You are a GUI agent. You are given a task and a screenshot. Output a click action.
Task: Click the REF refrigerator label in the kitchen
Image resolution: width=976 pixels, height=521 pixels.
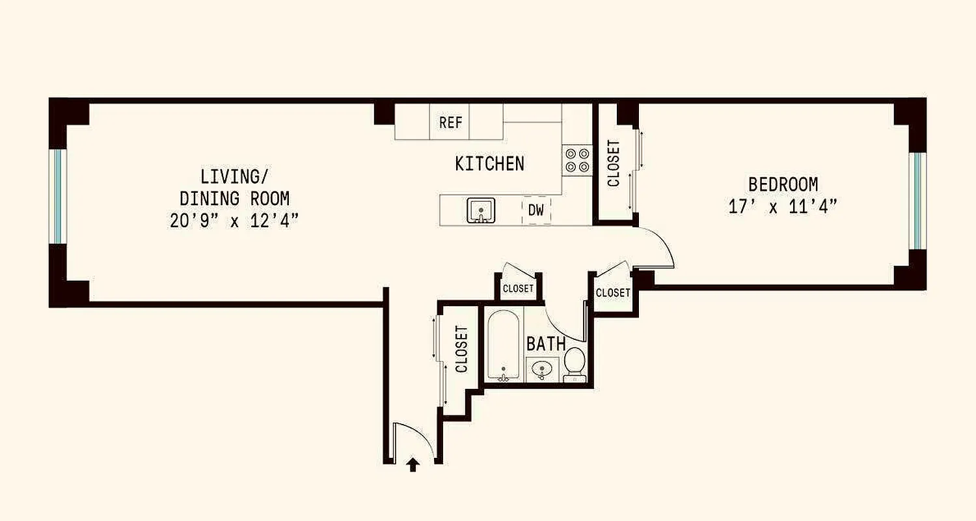(450, 122)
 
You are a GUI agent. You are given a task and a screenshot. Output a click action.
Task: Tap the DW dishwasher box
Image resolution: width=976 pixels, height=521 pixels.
(536, 211)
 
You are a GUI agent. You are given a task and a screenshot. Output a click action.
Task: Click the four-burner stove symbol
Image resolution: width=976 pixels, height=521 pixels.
(577, 160)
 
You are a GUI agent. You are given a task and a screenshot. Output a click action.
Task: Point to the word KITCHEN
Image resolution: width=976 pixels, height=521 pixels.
(489, 163)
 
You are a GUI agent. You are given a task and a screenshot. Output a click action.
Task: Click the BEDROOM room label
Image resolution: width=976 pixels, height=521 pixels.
(783, 184)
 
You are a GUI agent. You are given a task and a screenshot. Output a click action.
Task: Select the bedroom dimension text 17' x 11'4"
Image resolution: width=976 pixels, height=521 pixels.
(783, 207)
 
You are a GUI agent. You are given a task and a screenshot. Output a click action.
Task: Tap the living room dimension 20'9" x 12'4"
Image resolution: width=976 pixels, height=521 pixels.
(234, 221)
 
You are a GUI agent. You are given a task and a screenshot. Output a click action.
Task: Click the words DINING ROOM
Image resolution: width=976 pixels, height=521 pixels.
(234, 198)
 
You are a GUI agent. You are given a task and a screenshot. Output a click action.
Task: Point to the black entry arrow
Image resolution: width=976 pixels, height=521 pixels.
(412, 464)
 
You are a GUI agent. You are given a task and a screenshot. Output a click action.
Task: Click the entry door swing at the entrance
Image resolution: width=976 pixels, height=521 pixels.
(414, 440)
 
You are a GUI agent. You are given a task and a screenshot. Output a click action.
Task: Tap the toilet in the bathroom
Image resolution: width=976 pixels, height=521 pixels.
(574, 364)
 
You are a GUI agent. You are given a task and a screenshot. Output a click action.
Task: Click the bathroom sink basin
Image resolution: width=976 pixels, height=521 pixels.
(541, 369)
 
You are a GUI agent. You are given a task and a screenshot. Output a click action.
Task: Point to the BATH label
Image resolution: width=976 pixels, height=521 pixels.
(546, 344)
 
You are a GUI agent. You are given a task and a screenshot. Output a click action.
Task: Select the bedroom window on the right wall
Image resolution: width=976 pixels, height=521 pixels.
(917, 201)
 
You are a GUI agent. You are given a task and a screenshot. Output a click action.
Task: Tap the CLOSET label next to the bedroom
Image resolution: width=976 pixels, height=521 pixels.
(614, 163)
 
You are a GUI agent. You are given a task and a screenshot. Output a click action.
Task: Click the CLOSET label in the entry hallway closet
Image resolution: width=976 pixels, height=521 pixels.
(462, 349)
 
